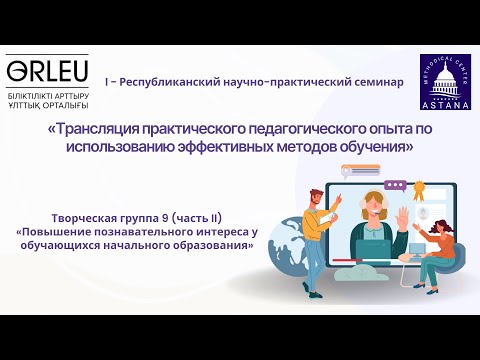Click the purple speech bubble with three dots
pyautogui.click(x=395, y=185)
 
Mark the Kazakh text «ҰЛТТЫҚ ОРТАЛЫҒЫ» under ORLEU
pyautogui.click(x=47, y=105)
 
